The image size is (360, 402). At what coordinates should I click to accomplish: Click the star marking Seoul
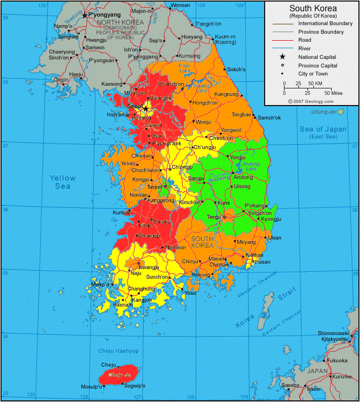(x=145, y=108)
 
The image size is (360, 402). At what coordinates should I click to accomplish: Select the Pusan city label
(x=262, y=262)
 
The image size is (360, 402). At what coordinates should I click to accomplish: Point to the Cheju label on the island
(x=108, y=364)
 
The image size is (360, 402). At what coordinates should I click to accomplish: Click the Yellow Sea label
(x=63, y=182)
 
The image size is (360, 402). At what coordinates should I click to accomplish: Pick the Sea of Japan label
(x=322, y=129)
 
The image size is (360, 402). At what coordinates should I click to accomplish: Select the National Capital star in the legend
(x=282, y=57)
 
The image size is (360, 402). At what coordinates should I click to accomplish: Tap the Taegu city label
(x=214, y=217)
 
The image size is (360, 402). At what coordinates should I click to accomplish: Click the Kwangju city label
(x=148, y=267)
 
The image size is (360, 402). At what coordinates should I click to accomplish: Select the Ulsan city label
(x=274, y=237)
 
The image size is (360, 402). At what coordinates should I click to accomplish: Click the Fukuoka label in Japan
(x=337, y=360)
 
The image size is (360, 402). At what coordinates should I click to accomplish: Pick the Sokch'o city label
(x=236, y=70)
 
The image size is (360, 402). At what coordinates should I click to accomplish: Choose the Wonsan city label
(x=180, y=5)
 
